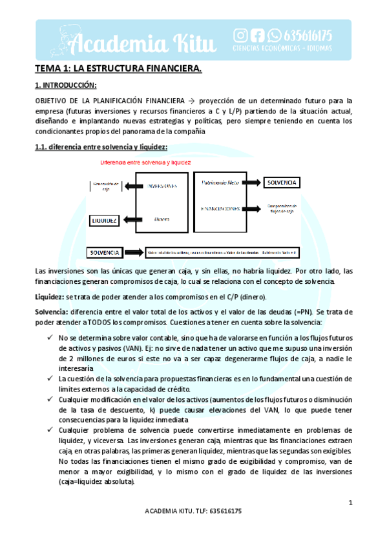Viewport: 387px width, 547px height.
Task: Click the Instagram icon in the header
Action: pos(240,35)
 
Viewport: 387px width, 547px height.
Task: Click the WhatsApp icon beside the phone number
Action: pos(275,35)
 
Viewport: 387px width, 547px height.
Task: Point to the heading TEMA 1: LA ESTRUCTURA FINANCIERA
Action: pos(118,69)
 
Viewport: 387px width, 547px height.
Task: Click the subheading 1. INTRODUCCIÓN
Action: pos(66,85)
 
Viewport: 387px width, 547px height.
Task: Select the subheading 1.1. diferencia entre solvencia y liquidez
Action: pos(101,147)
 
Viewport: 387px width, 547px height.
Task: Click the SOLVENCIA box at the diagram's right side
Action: pos(282,183)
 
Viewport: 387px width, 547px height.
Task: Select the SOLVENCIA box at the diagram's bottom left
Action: pos(106,252)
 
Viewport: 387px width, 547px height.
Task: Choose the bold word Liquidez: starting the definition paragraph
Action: pos(49,297)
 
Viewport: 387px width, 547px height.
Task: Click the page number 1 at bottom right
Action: pos(350,502)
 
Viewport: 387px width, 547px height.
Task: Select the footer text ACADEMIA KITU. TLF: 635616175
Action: pos(194,529)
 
